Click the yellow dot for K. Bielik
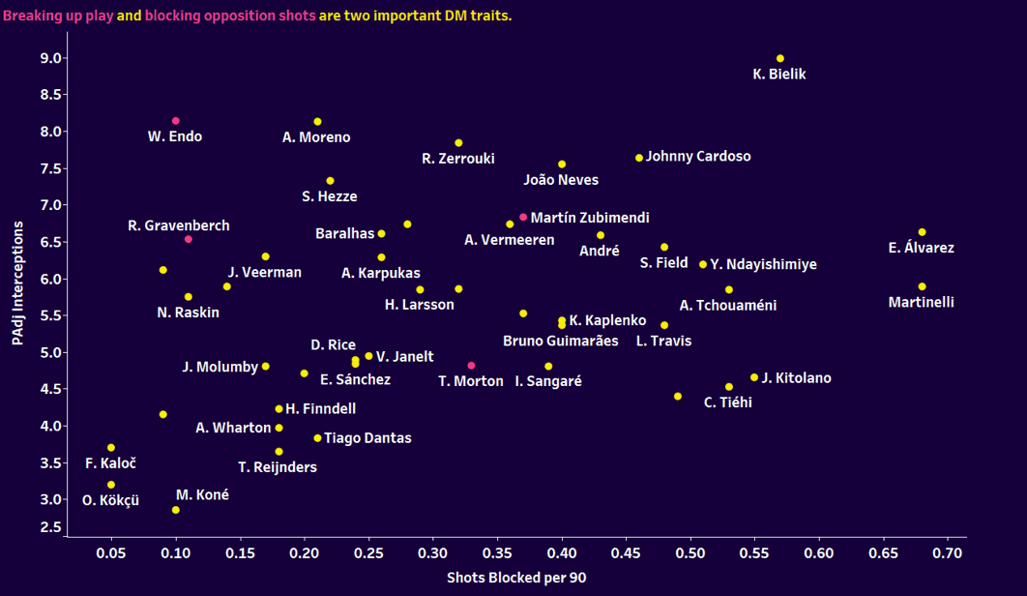[x=780, y=58]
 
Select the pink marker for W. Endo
[x=176, y=121]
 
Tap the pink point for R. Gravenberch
[x=189, y=239]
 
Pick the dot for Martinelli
[x=922, y=286]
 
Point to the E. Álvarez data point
[x=922, y=232]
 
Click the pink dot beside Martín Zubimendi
[x=523, y=218]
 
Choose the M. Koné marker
[x=176, y=510]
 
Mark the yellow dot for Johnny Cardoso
[x=639, y=158]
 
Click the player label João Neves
[x=561, y=180]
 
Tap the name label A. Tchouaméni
[x=728, y=306]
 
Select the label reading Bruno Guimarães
[x=561, y=341]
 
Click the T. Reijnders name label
[x=278, y=467]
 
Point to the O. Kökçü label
[x=109, y=500]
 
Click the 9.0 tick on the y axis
[x=51, y=58]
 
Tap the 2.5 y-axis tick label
[x=51, y=527]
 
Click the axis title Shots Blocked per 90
[x=516, y=578]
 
